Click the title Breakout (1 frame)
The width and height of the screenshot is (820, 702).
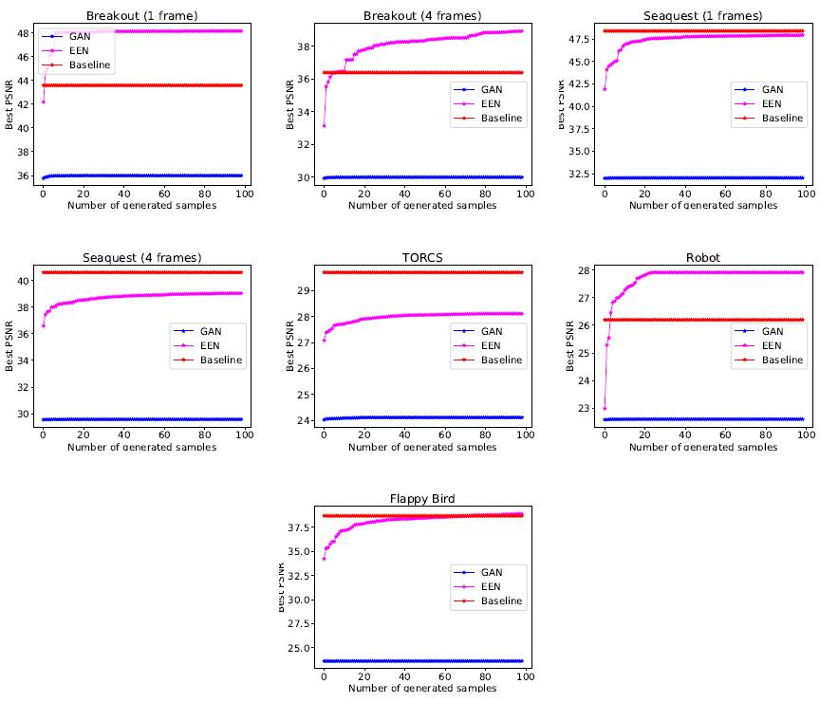pyautogui.click(x=141, y=16)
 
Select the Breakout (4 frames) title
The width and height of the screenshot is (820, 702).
pyautogui.click(x=422, y=16)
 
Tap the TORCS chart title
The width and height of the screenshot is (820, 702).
pyautogui.click(x=422, y=258)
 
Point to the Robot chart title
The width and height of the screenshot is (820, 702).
pyautogui.click(x=703, y=258)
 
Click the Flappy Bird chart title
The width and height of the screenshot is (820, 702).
pyautogui.click(x=422, y=500)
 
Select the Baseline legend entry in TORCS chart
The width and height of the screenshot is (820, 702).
pyautogui.click(x=500, y=360)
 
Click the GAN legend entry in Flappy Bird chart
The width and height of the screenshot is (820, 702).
pyautogui.click(x=492, y=573)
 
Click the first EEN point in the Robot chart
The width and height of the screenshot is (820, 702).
pyautogui.click(x=605, y=408)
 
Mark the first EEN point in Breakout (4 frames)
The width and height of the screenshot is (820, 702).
pyautogui.click(x=324, y=125)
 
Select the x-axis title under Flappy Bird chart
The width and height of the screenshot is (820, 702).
pyautogui.click(x=422, y=688)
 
